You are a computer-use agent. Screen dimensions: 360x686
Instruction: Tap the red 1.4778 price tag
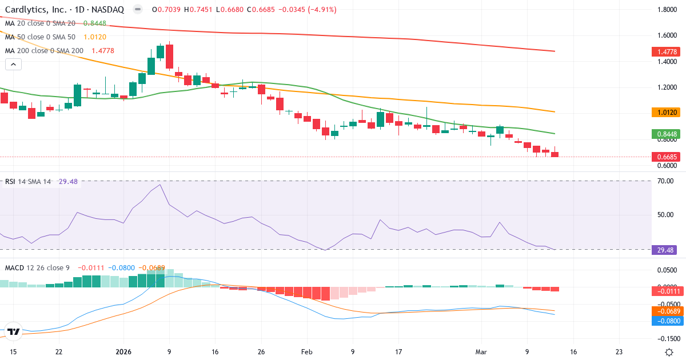(667, 52)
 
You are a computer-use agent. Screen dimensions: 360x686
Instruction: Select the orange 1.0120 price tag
(667, 113)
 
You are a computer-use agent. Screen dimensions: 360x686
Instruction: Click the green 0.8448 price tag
(667, 134)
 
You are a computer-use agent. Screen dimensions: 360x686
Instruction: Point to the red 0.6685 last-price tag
(667, 157)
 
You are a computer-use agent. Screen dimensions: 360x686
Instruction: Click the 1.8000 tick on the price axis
(667, 10)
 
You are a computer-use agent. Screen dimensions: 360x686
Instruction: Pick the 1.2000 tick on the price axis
(667, 87)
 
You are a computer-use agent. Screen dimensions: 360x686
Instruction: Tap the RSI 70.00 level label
(665, 181)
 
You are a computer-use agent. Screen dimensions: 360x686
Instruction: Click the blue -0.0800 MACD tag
(667, 321)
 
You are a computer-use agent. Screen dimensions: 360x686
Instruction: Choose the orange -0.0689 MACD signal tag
(667, 311)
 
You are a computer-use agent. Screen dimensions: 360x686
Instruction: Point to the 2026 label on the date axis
(123, 352)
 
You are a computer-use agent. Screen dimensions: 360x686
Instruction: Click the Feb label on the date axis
(307, 352)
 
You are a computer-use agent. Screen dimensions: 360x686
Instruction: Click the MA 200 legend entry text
(45, 50)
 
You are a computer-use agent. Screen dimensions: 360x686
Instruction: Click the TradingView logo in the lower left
(14, 331)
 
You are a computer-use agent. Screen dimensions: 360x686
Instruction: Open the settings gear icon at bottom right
(669, 352)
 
